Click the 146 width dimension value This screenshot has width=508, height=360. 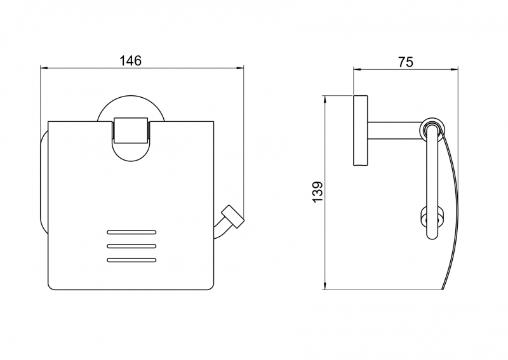pyautogui.click(x=131, y=60)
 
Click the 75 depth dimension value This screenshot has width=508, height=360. pyautogui.click(x=406, y=62)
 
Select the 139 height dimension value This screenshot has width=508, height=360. pyautogui.click(x=318, y=192)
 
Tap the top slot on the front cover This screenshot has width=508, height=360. pyautogui.click(x=131, y=232)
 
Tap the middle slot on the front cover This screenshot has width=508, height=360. pyautogui.click(x=131, y=246)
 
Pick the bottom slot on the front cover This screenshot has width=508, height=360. pyautogui.click(x=131, y=260)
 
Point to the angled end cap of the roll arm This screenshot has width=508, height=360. pyautogui.click(x=232, y=217)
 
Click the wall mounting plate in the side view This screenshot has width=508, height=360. pyautogui.click(x=360, y=130)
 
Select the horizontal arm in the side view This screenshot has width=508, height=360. pyautogui.click(x=395, y=130)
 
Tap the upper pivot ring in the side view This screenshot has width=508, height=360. pyautogui.click(x=432, y=130)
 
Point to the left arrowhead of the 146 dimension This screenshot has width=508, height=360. pyautogui.click(x=44, y=68)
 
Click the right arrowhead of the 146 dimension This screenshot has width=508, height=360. pyautogui.click(x=240, y=68)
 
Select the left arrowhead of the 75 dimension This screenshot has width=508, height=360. pyautogui.click(x=358, y=69)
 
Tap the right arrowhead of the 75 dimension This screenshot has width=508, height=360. pyautogui.click(x=454, y=69)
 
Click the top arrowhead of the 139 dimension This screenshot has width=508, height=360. pyautogui.click(x=324, y=100)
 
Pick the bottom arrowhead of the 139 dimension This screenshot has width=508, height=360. pyautogui.click(x=324, y=286)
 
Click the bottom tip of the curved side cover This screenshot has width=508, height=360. pyautogui.click(x=442, y=290)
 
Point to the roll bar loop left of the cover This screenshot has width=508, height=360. pyautogui.click(x=41, y=182)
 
